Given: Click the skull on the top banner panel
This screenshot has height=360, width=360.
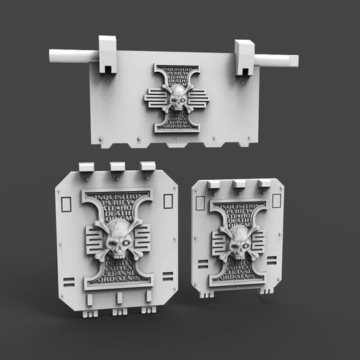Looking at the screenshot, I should pyautogui.click(x=178, y=98).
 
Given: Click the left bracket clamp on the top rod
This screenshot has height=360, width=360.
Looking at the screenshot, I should pyautogui.click(x=107, y=54).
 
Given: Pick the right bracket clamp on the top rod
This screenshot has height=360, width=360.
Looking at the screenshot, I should pyautogui.click(x=245, y=57).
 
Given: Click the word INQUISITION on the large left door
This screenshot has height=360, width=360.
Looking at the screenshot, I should pyautogui.click(x=117, y=196).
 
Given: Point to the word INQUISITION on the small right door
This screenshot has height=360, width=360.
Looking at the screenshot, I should pyautogui.click(x=239, y=206).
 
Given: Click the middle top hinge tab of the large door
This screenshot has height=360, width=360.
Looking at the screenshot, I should pyautogui.click(x=117, y=167).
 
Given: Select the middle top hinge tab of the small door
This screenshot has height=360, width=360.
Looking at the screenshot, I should pyautogui.click(x=239, y=184).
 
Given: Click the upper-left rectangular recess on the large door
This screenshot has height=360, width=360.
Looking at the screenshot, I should pyautogui.click(x=67, y=204).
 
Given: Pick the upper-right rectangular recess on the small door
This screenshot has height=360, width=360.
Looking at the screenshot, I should pyautogui.click(x=276, y=201).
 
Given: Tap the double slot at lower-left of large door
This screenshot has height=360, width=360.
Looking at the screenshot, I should pyautogui.click(x=68, y=282).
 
